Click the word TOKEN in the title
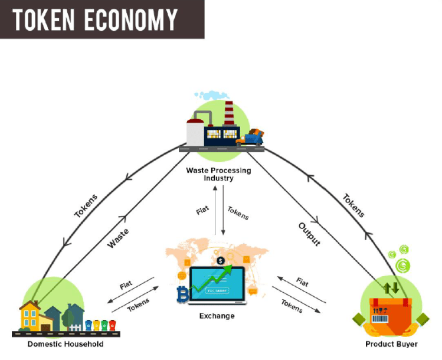click(44, 19)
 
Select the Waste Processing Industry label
click(218, 174)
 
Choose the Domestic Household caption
click(66, 344)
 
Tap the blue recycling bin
click(89, 325)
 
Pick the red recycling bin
click(112, 325)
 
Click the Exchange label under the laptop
click(217, 316)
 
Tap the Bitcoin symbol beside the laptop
click(182, 293)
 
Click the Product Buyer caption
click(391, 344)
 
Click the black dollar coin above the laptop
click(220, 260)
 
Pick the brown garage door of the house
click(47, 325)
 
